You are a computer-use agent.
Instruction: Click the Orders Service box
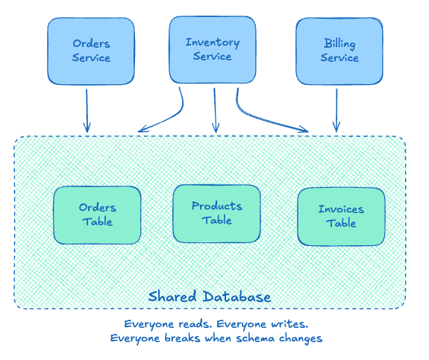91,51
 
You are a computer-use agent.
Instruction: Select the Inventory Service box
212,49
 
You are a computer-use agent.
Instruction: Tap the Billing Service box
339,51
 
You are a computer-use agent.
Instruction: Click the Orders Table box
97,215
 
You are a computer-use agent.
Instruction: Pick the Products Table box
216,212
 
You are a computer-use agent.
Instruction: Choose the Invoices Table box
341,216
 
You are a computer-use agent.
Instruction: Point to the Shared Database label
210,297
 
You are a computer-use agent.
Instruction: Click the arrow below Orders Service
87,110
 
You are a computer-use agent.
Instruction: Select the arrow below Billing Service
336,110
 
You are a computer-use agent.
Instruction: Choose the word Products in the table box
216,206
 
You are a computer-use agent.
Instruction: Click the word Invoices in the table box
341,209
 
